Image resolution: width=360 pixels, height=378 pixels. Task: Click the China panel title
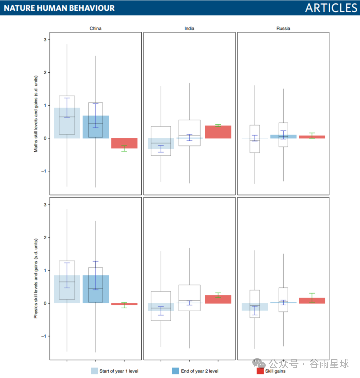(95, 28)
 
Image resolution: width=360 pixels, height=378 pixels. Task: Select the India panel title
(189, 28)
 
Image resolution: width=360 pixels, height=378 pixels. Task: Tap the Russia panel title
(283, 28)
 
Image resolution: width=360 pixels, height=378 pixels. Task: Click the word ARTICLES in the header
(331, 8)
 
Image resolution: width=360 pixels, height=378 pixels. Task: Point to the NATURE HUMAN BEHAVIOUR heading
(59, 8)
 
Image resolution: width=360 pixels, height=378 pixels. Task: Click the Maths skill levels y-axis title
(36, 114)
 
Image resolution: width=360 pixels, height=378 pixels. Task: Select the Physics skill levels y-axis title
(36, 278)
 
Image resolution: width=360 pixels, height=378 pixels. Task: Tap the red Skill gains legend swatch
(260, 371)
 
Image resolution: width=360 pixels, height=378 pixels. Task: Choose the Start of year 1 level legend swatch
(94, 371)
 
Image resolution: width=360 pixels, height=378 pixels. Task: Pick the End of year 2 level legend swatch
(175, 371)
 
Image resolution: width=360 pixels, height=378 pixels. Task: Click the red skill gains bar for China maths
(124, 143)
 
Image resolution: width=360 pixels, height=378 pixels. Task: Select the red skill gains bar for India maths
(218, 132)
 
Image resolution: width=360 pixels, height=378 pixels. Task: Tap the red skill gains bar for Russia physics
(312, 301)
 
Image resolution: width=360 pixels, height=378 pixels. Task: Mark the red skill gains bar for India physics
(218, 299)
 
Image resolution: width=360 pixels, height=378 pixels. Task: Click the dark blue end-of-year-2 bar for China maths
(96, 127)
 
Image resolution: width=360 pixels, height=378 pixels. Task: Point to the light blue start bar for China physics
(67, 289)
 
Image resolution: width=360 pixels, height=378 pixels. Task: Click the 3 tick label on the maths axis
(45, 40)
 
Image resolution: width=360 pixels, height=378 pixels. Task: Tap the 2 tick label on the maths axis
(45, 72)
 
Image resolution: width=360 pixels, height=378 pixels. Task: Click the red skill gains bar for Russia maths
(312, 137)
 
